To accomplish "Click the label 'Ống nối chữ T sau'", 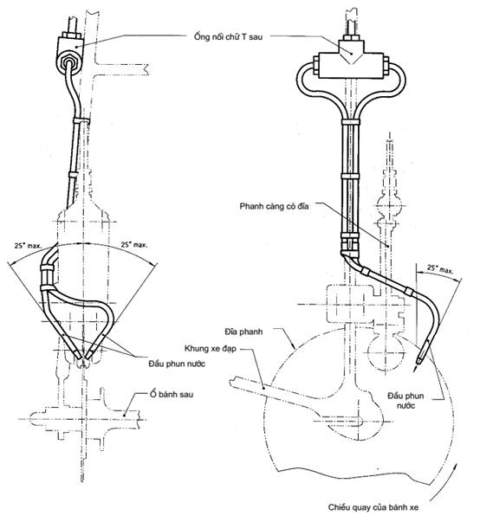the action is [x=228, y=36].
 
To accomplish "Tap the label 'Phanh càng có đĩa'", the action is [x=274, y=206].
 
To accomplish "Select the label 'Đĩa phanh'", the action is [x=243, y=332].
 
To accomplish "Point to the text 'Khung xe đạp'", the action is [x=211, y=349].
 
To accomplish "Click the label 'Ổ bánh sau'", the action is [x=172, y=395].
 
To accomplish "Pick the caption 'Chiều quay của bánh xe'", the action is [x=373, y=507].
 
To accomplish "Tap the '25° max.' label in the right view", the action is [x=440, y=268].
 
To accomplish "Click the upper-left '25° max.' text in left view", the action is [x=28, y=246].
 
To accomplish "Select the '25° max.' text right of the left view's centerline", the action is [x=134, y=245].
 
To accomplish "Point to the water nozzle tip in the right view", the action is [x=417, y=369].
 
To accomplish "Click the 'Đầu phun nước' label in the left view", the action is [x=177, y=364].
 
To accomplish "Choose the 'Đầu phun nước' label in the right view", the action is [x=405, y=401].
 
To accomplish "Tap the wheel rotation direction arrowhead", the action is [x=454, y=465].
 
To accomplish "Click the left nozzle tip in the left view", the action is [x=79, y=357].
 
